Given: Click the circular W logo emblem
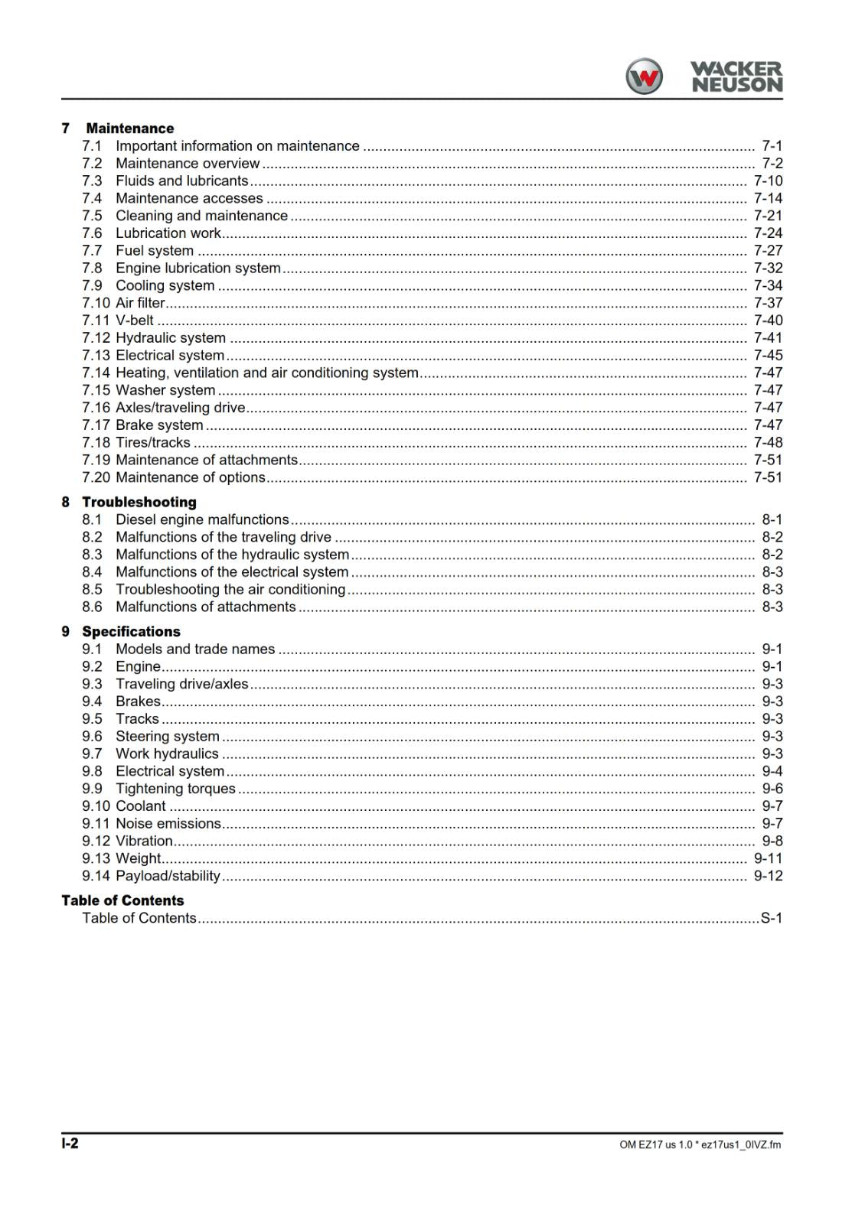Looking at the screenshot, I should [x=644, y=76].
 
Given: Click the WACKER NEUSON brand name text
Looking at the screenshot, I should [x=736, y=77].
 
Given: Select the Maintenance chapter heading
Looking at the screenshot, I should [x=129, y=129].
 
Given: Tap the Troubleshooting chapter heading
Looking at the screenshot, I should [x=139, y=502].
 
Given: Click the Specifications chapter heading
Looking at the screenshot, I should [x=131, y=631].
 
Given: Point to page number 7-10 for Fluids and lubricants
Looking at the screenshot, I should [x=768, y=181].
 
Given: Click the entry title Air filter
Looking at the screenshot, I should [x=140, y=303].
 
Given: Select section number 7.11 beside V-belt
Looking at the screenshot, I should [x=96, y=321].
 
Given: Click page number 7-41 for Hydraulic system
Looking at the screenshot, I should [x=768, y=338].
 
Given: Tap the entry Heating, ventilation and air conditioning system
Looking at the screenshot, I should [x=266, y=373].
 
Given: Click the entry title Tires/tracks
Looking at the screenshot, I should [x=152, y=442].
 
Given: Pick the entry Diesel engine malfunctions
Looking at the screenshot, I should [x=202, y=519].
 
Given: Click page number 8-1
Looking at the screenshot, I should [x=772, y=519].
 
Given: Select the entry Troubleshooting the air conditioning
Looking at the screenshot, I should [x=230, y=589].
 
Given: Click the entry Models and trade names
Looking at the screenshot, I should [x=194, y=649].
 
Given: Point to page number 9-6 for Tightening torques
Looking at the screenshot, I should [x=772, y=789].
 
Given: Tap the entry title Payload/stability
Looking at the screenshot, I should [x=168, y=876].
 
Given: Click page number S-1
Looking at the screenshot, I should [x=771, y=918].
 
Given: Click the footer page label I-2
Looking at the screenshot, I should [x=70, y=1144].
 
